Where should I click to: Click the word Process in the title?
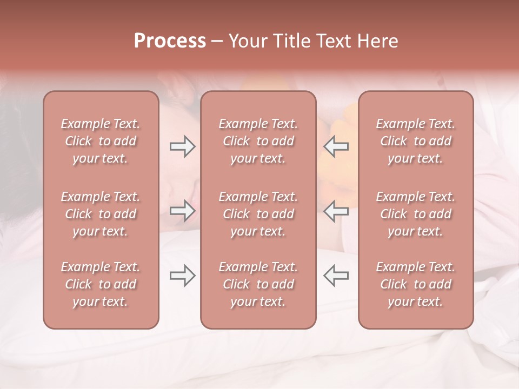(x=170, y=41)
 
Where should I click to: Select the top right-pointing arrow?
(x=183, y=146)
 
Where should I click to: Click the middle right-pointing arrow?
(x=183, y=210)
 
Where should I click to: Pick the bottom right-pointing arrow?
(x=183, y=276)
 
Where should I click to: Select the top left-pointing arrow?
(x=336, y=146)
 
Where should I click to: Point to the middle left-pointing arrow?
(x=336, y=210)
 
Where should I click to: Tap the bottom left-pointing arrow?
(x=336, y=276)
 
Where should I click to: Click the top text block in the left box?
(x=101, y=141)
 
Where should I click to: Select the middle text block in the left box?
(x=101, y=214)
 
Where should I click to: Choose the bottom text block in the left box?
(x=101, y=284)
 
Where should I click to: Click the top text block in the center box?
(x=258, y=141)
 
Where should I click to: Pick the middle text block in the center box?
(x=258, y=214)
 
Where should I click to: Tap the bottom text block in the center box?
(x=258, y=284)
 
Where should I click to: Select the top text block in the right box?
(x=416, y=141)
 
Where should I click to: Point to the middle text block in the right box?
(x=416, y=214)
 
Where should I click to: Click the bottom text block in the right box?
(x=416, y=284)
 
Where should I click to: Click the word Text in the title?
(x=333, y=41)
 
